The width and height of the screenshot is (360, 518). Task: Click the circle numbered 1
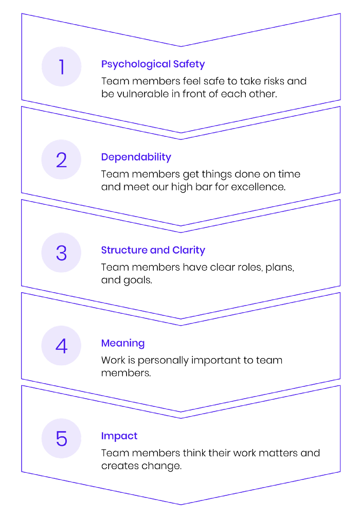[61, 67]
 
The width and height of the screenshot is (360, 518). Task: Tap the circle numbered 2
[61, 160]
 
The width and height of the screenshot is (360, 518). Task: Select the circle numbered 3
[61, 253]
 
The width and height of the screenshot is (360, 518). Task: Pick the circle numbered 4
[61, 346]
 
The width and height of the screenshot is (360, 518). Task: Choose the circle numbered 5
[61, 438]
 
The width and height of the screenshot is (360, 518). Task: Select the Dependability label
[136, 157]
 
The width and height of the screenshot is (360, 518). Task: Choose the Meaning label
[123, 343]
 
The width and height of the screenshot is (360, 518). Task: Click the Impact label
[119, 436]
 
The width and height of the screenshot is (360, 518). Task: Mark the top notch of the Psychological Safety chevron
[181, 46]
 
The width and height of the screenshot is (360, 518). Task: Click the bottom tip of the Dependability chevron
[181, 226]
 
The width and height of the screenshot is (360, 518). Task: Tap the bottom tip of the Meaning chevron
[181, 412]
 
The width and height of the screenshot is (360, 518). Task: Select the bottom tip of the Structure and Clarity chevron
[181, 319]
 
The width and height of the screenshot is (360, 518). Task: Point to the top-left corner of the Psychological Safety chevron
[22, 13]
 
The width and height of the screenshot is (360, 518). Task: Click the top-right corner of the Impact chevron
[340, 385]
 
